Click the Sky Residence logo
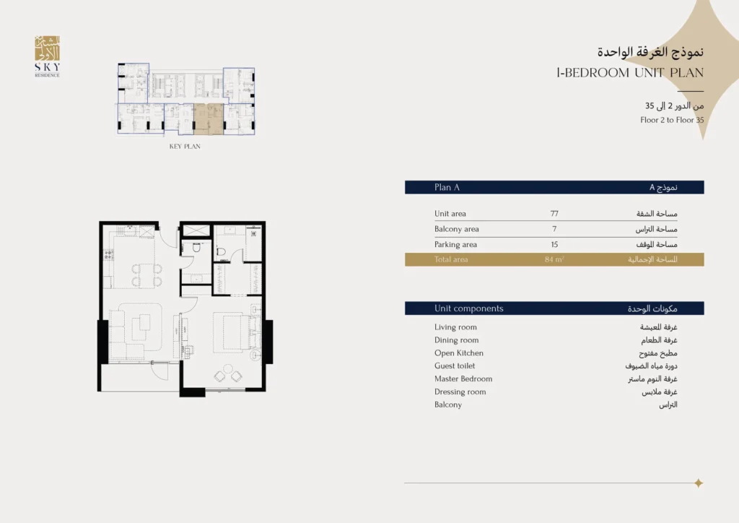[47, 56]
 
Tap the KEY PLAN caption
[185, 146]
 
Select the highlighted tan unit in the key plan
[209, 119]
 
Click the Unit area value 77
[554, 214]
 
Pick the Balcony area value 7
[554, 229]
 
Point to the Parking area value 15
[554, 245]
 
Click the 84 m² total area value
[554, 259]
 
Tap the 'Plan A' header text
[447, 187]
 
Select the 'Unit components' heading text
[469, 308]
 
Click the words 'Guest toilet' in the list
[455, 366]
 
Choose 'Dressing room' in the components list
[460, 392]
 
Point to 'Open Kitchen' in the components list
[458, 353]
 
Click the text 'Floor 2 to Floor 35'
[672, 120]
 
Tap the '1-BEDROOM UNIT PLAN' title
[630, 73]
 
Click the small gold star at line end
[699, 483]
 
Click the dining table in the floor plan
[147, 275]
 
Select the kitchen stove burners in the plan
[109, 255]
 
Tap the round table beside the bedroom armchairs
[228, 368]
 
